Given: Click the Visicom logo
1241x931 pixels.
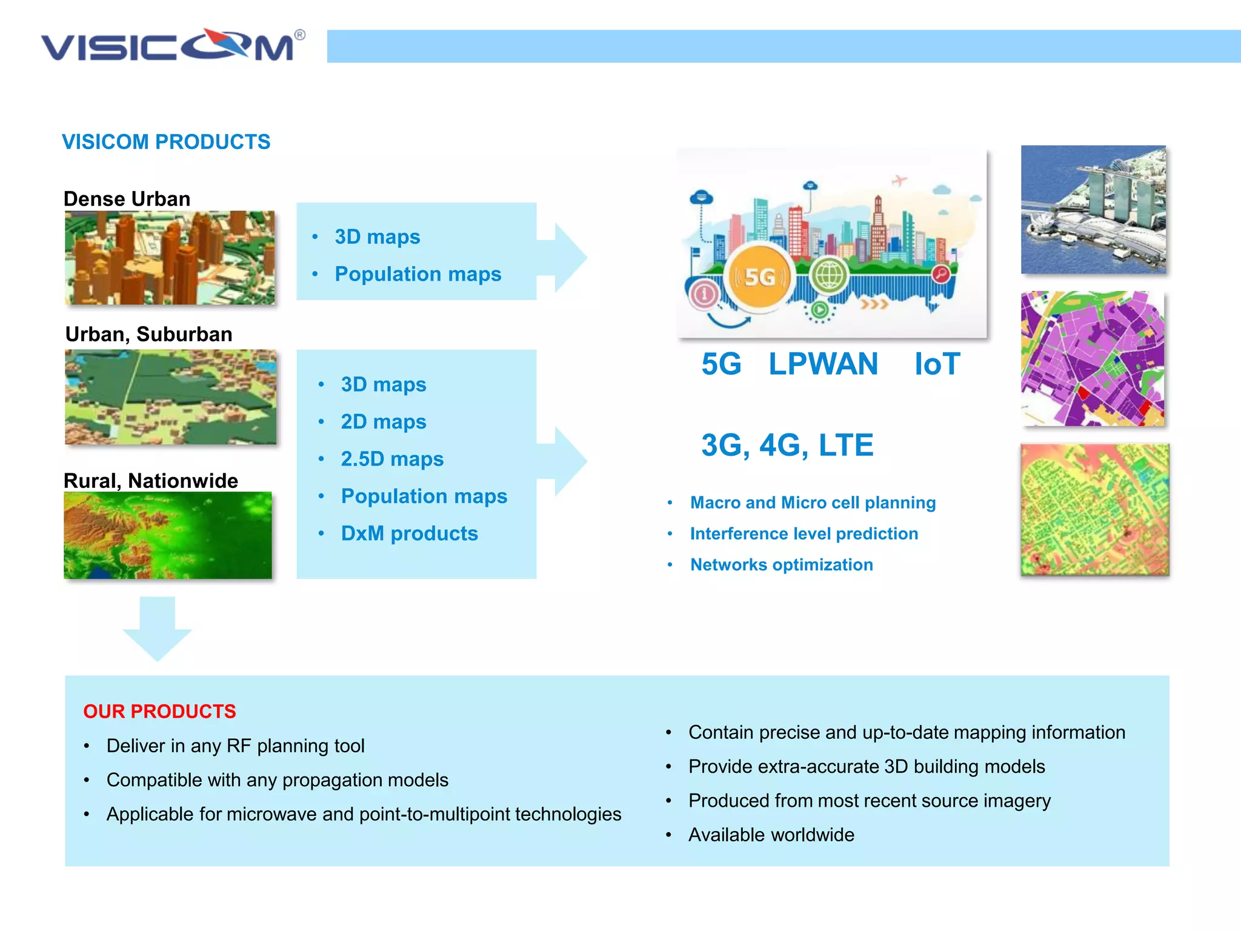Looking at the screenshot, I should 173,45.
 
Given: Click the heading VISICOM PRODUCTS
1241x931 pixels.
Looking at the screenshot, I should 166,142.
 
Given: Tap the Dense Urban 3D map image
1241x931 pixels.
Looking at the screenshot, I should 170,258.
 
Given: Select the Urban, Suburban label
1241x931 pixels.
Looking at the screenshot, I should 148,334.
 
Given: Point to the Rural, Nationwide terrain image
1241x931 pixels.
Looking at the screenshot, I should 168,535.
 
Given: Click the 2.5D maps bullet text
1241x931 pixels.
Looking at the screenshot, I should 392,459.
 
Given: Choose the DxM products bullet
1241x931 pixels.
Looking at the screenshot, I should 409,533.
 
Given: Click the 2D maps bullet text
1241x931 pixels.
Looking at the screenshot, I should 384,422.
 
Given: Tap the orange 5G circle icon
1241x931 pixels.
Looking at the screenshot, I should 759,277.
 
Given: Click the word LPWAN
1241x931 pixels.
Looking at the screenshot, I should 823,364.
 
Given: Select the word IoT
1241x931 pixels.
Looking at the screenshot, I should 937,364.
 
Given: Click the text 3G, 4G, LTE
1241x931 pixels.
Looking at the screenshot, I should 787,445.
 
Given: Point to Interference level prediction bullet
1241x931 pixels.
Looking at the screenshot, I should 803,533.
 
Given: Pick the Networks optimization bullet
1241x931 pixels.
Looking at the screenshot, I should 781,565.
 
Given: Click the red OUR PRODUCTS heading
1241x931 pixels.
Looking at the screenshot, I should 159,711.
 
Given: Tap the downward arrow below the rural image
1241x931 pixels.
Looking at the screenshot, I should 158,628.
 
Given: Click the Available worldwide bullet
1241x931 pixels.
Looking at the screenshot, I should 771,835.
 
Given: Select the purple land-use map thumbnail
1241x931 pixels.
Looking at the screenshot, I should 1093,359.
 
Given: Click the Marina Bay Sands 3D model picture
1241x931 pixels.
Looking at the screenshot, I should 1093,210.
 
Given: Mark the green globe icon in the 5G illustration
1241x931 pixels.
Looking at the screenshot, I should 829,275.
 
